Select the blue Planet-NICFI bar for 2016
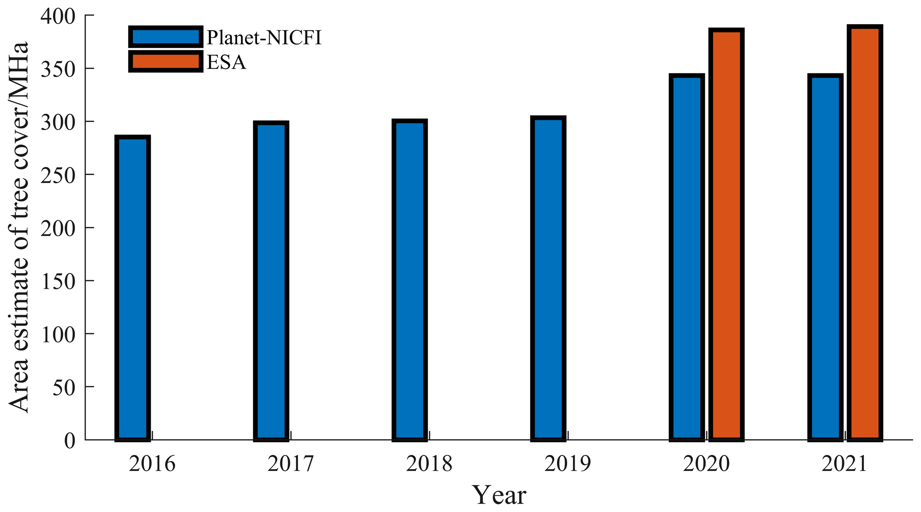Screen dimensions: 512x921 click(132, 289)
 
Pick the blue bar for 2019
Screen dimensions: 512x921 click(548, 279)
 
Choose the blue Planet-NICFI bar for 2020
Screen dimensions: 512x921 click(687, 257)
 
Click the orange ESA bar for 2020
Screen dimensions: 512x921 click(726, 235)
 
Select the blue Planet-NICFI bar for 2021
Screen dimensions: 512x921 click(825, 257)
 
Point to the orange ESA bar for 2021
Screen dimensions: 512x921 click(865, 233)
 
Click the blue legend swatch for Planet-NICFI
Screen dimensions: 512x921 click(165, 37)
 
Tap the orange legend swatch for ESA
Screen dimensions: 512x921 click(165, 61)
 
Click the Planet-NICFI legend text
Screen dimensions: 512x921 click(264, 37)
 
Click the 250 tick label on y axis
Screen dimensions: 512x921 click(57, 175)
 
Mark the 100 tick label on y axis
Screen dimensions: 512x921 click(57, 334)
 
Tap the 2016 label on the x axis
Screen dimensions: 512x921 click(152, 464)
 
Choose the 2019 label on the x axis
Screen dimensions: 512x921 click(567, 464)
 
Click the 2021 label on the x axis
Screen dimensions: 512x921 click(844, 464)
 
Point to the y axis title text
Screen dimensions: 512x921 click(19, 227)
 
